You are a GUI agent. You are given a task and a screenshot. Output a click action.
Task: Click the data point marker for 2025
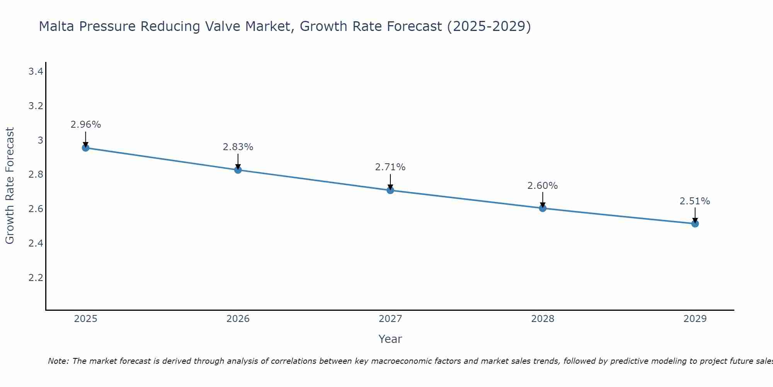pos(85,148)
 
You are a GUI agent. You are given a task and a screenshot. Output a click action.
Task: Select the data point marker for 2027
pos(390,190)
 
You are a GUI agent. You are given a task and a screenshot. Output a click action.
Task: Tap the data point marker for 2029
pos(695,224)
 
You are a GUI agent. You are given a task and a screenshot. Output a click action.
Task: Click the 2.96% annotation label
pos(85,125)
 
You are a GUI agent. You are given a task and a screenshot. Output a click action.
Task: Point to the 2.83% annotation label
pos(238,147)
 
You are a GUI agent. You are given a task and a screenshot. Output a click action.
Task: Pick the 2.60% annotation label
pos(542,186)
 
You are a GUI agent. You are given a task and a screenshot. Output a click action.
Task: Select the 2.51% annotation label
pos(695,201)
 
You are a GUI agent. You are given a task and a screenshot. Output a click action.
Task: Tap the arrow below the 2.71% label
pos(390,182)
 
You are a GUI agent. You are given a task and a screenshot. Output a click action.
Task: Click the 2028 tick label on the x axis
pos(542,319)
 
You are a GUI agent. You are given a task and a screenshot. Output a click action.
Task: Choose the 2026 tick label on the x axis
pos(238,319)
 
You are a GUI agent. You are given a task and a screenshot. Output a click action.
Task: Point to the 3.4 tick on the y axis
pos(36,71)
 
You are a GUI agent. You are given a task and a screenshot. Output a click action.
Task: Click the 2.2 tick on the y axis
pos(36,278)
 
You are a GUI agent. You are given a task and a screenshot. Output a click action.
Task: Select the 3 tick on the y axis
pos(40,140)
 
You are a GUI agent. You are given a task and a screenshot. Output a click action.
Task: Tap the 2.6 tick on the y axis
pos(36,209)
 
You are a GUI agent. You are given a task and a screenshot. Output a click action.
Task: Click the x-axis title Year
pos(390,339)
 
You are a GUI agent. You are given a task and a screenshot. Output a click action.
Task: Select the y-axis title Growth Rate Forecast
pos(10,186)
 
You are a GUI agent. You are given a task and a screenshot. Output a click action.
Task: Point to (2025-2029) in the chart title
pos(489,26)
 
